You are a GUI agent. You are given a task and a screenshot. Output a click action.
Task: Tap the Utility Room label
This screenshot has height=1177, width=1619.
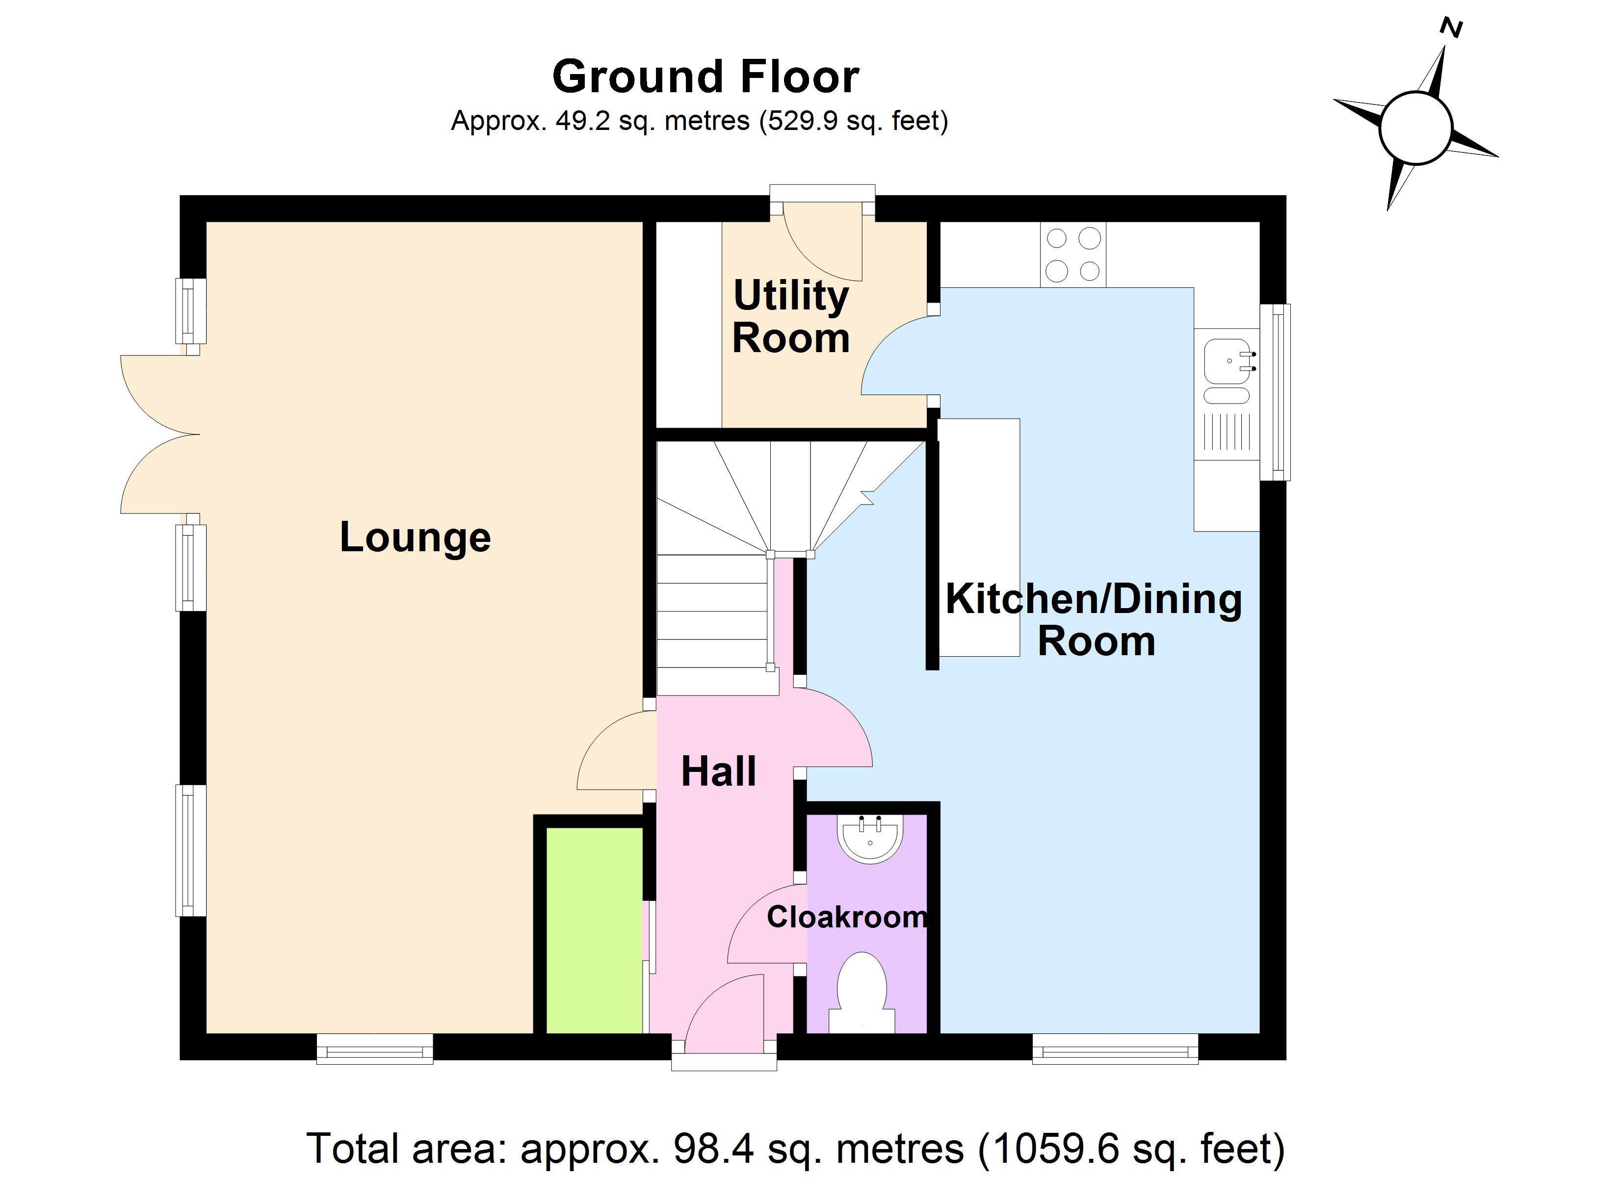(x=791, y=316)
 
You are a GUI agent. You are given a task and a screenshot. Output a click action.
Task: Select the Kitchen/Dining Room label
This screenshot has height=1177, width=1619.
(x=1094, y=619)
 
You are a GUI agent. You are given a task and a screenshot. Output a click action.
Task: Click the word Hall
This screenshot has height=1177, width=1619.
(x=718, y=771)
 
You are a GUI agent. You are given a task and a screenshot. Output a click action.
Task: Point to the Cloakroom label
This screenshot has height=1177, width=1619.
(x=847, y=917)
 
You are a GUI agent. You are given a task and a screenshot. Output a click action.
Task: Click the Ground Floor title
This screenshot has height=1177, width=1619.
(x=705, y=77)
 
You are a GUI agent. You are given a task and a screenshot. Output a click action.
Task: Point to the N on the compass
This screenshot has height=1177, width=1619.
(x=1451, y=28)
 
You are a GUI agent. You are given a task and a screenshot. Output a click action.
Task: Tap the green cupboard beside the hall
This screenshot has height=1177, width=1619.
(x=595, y=930)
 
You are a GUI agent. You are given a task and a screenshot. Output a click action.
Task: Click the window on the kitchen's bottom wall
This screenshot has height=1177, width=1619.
(x=1115, y=1049)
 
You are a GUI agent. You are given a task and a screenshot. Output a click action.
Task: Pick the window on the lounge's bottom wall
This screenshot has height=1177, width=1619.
(x=375, y=1049)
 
